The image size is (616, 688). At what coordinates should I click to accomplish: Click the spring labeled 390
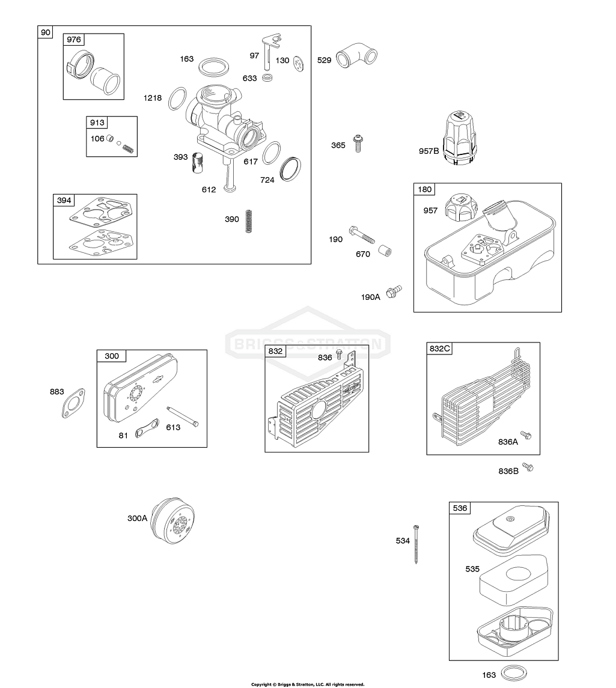pyautogui.click(x=249, y=221)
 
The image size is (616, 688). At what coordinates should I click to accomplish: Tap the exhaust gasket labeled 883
pyautogui.click(x=74, y=403)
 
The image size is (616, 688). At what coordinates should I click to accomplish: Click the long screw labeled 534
pyautogui.click(x=416, y=543)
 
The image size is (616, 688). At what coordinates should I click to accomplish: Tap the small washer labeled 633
pyautogui.click(x=268, y=78)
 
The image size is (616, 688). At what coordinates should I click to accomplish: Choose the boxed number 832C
pyautogui.click(x=440, y=349)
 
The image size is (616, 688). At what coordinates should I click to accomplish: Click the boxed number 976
pyautogui.click(x=74, y=40)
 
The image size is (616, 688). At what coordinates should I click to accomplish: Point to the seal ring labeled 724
pyautogui.click(x=291, y=168)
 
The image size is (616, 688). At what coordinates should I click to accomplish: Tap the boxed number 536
pyautogui.click(x=460, y=508)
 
